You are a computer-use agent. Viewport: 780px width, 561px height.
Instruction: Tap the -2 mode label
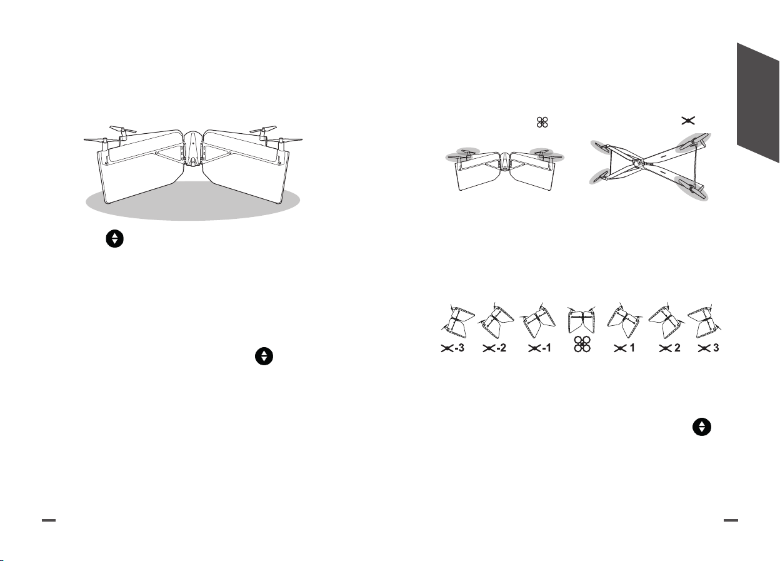495,350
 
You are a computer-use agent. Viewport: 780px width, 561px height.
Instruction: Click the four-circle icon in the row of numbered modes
581,350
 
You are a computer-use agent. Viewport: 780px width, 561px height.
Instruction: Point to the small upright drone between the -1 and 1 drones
581,321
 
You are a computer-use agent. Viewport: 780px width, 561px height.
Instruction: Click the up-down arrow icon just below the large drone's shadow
114,239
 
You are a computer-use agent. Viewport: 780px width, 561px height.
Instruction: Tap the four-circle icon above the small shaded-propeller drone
542,121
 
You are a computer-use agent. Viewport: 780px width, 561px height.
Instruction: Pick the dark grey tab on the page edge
757,103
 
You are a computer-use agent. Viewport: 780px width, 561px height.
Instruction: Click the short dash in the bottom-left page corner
48,520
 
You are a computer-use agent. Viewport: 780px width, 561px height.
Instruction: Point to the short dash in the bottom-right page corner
731,520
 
